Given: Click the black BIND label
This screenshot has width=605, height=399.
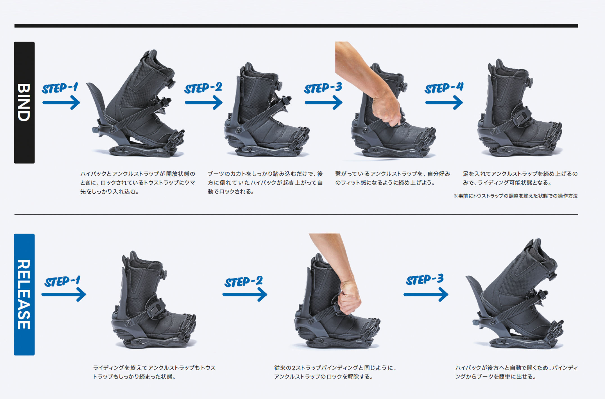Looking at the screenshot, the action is tap(24, 103).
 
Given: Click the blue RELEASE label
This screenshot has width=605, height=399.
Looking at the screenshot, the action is tap(24, 294).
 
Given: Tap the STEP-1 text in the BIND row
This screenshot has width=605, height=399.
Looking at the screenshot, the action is tap(60, 88).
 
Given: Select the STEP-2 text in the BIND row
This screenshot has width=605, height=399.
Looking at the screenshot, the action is tap(203, 88).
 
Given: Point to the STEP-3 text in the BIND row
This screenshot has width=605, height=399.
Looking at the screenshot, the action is tap(323, 88).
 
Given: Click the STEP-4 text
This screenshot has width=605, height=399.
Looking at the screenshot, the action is tap(444, 88).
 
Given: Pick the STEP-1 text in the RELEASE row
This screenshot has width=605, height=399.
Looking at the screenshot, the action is tap(62, 281).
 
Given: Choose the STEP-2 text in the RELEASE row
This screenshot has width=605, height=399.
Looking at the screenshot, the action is tap(244, 281).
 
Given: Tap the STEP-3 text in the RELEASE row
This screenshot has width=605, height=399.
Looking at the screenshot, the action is tap(425, 280).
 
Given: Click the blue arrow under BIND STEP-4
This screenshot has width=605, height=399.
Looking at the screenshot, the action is tap(444, 103).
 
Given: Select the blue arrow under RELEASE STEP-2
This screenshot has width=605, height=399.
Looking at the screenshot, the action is tap(244, 294).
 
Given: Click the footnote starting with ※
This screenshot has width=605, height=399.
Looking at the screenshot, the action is tap(515, 196).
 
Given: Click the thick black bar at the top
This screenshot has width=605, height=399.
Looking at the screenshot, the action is tap(296, 26).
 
